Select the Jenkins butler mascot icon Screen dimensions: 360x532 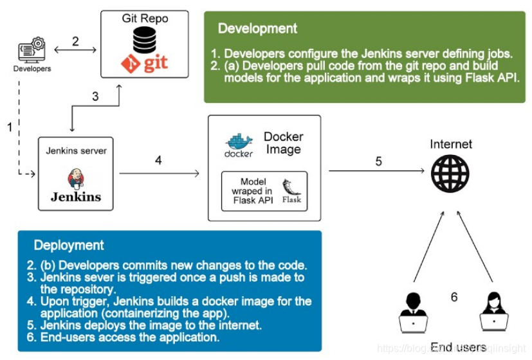[76, 178]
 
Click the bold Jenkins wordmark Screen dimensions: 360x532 [76, 197]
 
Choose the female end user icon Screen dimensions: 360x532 [492, 312]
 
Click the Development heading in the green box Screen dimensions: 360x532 [257, 28]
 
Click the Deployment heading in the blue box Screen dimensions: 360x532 [69, 245]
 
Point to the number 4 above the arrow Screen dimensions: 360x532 [158, 160]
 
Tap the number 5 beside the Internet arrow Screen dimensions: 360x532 [378, 161]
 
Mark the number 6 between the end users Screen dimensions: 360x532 [454, 297]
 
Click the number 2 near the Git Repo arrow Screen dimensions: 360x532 [75, 42]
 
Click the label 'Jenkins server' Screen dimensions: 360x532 [76, 151]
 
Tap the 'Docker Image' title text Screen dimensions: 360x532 [283, 143]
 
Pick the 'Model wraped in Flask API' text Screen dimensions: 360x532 [252, 191]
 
